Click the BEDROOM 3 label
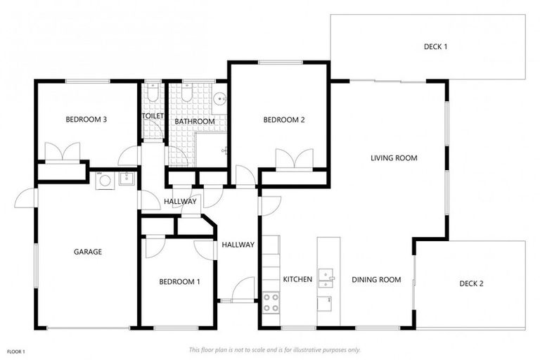(86, 120)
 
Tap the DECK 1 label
(435, 47)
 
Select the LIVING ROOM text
(394, 158)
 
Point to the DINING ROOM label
(376, 280)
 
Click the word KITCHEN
(297, 280)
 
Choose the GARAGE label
(89, 252)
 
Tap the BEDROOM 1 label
(179, 282)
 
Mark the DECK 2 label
(471, 284)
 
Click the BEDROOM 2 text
(283, 120)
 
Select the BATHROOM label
(195, 122)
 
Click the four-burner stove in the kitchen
(271, 302)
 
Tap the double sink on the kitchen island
(326, 278)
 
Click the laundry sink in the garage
(127, 179)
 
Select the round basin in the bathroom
(219, 99)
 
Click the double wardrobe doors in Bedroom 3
(62, 152)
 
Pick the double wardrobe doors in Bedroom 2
(293, 159)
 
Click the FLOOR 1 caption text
(16, 351)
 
